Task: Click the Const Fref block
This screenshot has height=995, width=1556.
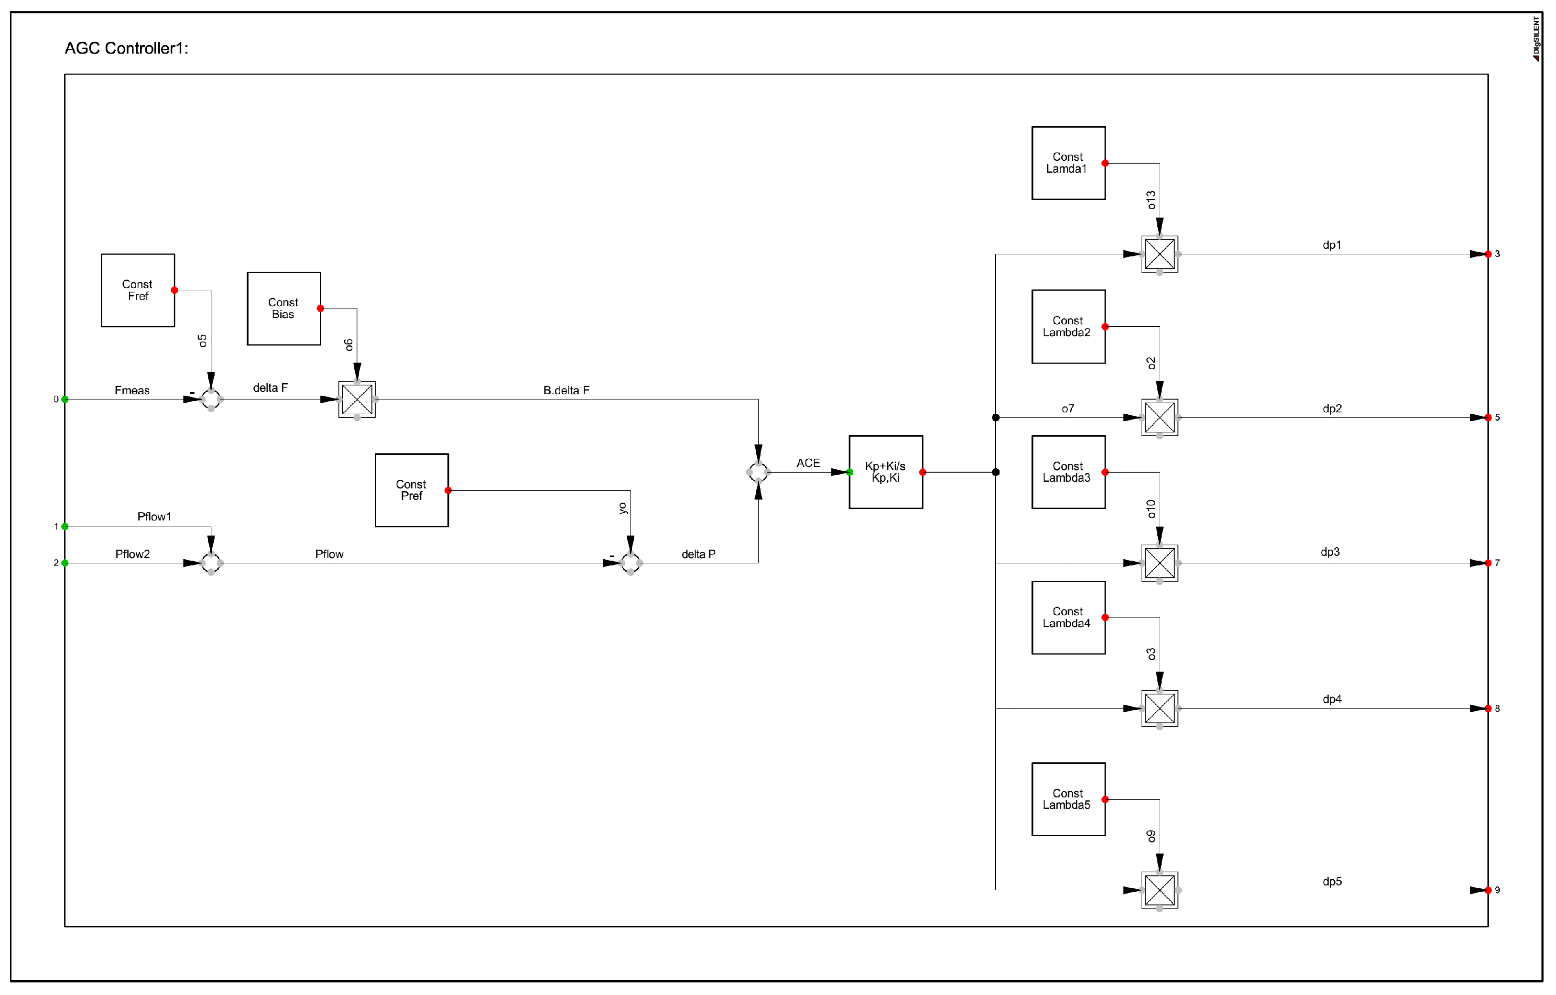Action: click(138, 290)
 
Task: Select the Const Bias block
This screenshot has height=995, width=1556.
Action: click(283, 309)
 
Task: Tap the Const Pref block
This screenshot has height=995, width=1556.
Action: click(412, 490)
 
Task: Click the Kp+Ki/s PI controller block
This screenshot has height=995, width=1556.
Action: click(885, 472)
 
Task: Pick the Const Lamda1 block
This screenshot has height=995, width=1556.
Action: click(1068, 163)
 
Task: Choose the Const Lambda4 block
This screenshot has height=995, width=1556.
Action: click(1068, 618)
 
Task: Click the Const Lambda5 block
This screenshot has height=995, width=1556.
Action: click(1068, 799)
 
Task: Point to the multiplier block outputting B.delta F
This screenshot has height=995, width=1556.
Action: click(357, 399)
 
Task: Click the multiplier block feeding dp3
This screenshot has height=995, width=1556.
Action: click(1159, 563)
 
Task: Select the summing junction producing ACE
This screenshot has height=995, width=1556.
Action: click(758, 472)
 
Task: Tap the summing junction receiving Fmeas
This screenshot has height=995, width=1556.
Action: click(211, 399)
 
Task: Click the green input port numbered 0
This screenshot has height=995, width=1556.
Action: click(65, 399)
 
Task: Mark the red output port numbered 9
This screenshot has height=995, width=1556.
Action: click(1488, 890)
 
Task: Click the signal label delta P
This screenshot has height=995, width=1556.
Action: click(698, 554)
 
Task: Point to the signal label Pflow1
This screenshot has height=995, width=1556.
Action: click(154, 517)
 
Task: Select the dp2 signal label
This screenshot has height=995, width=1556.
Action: click(1332, 409)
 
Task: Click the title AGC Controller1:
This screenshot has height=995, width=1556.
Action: click(126, 48)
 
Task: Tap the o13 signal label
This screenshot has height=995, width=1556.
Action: click(1151, 200)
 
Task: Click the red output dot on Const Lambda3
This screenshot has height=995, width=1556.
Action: click(1105, 472)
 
